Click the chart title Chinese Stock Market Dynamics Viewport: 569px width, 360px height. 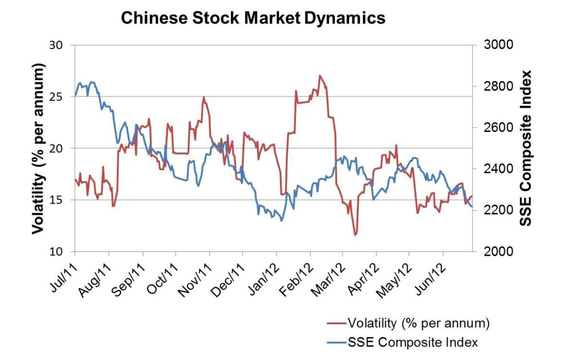[x=253, y=18]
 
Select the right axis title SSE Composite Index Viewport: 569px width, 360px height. [x=527, y=148]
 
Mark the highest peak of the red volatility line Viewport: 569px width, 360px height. [x=320, y=75]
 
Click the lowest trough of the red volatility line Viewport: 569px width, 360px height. [x=355, y=235]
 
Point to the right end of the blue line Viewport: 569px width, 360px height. [x=472, y=207]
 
